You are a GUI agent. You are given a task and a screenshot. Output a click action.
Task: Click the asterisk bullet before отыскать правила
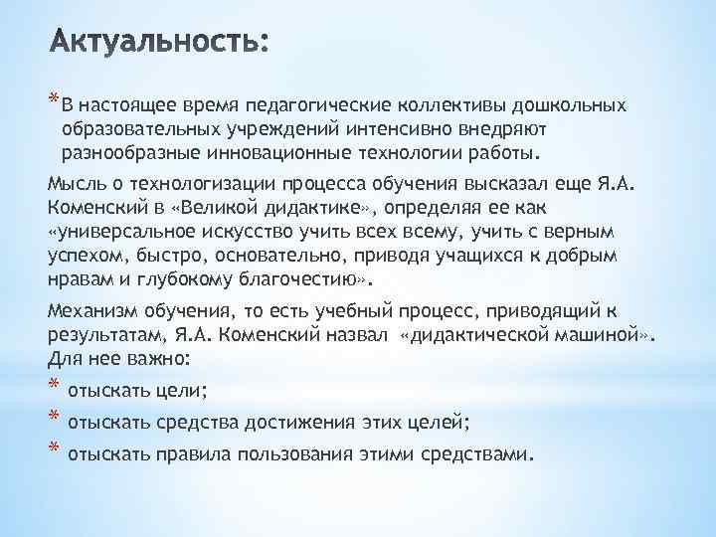tap(54, 450)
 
